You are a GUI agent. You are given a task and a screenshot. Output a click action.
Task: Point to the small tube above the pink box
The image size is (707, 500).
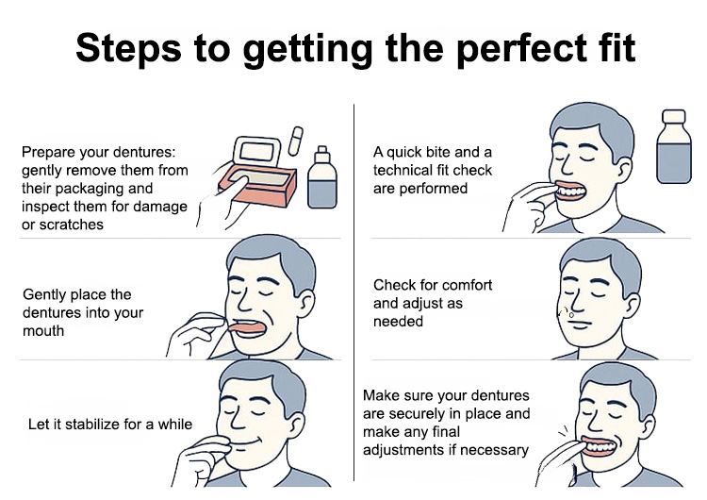pos(295,141)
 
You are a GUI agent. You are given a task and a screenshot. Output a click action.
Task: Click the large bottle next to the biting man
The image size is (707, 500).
pos(674,146)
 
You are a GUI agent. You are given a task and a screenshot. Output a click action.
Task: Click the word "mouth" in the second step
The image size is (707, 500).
pos(43,331)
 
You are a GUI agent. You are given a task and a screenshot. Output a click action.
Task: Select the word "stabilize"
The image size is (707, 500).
pos(90,425)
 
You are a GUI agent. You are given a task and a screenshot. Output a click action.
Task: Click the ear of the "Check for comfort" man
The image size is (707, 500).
pos(633,304)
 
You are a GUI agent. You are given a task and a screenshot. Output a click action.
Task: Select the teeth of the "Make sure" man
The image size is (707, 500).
pos(599,447)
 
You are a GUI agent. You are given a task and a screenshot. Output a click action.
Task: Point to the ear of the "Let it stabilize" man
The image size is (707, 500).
pos(299,424)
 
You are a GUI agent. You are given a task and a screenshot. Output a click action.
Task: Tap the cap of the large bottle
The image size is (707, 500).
pos(674,116)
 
